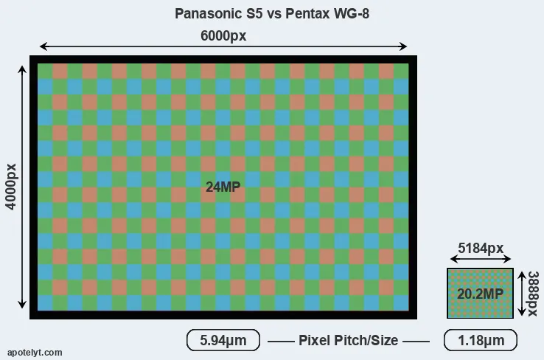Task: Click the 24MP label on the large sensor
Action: [x=223, y=187]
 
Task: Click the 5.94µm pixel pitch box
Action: [x=223, y=340]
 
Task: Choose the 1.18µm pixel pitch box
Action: [x=480, y=340]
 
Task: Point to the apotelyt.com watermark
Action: [x=35, y=353]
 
